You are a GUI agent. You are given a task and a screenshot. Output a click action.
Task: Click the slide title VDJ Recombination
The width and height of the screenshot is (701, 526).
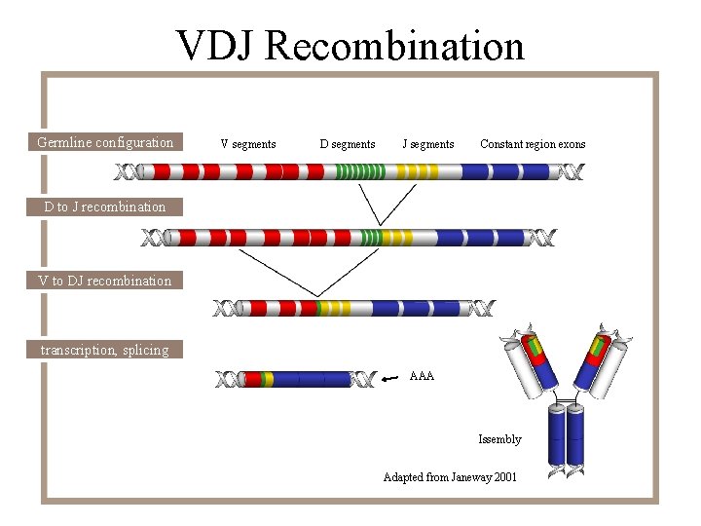point(350,45)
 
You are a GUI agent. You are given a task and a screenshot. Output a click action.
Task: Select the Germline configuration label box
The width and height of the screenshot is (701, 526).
point(105,142)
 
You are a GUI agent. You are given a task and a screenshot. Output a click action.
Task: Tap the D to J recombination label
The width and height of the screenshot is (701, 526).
point(105,207)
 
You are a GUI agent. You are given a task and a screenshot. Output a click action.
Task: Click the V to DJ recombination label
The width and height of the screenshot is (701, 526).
point(104,281)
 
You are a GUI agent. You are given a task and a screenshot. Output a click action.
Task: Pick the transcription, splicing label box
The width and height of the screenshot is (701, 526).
point(104,350)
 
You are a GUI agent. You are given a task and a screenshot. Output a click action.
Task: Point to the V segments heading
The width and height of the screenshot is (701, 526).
point(247,144)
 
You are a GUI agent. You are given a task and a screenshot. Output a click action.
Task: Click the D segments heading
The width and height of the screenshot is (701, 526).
point(347,144)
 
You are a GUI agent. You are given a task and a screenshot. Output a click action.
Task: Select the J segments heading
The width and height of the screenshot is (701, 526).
point(428,144)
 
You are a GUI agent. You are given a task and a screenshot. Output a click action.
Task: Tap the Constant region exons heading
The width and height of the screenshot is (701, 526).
point(533,144)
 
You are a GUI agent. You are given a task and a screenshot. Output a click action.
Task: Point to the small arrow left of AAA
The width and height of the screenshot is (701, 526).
point(391,378)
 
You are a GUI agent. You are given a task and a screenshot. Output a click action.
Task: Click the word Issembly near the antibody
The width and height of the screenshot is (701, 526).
point(499,439)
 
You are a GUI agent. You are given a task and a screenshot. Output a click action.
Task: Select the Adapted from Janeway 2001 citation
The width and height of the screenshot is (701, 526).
point(450,477)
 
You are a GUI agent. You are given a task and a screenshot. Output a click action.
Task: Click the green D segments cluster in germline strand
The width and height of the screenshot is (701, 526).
point(359,172)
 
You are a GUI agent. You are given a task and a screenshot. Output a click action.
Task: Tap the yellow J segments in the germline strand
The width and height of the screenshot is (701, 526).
point(419,172)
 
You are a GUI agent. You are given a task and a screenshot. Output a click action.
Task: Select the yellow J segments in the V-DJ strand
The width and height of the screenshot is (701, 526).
point(334,309)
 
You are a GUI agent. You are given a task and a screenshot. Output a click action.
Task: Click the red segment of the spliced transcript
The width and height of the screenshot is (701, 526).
point(252,379)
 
